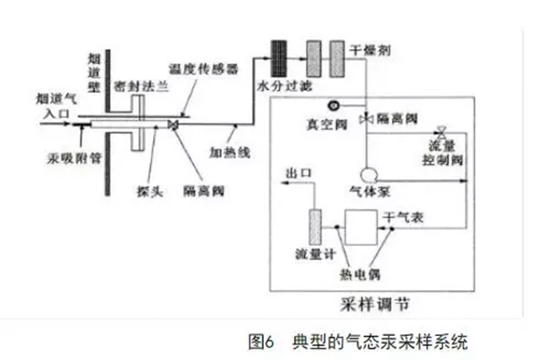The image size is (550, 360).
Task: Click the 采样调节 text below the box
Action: click(x=371, y=304)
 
